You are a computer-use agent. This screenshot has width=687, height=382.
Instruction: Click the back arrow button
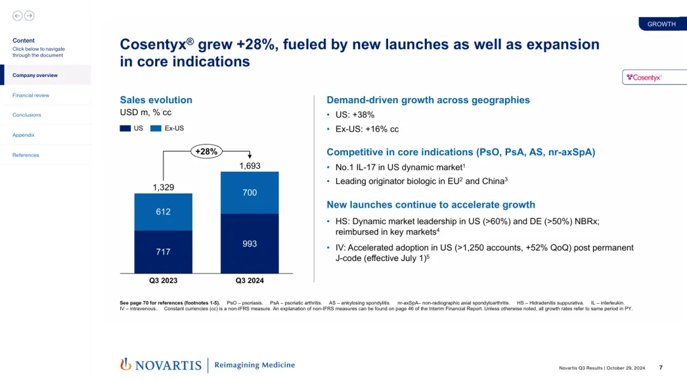coord(17,16)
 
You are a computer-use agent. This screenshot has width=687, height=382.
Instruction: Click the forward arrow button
coord(29,16)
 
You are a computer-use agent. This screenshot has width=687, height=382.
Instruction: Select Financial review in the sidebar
coord(31,95)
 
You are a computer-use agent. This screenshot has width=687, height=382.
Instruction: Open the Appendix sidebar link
coord(24,135)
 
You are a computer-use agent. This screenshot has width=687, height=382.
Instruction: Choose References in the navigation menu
coord(25,155)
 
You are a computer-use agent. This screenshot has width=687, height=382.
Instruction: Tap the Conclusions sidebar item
coord(27,115)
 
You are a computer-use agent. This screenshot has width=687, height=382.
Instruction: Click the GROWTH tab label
coord(662,24)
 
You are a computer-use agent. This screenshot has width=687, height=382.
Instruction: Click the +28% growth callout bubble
coord(206,152)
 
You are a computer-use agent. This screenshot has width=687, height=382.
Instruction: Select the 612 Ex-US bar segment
coord(163,211)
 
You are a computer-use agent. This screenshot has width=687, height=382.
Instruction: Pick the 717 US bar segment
coord(163,252)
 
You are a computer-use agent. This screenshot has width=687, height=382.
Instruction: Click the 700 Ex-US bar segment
coord(249,192)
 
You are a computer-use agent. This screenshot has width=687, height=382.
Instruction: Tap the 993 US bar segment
coord(249,244)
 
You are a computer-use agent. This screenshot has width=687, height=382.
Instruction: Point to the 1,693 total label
coord(249,166)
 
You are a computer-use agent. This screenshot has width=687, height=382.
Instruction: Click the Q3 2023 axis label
coord(163,281)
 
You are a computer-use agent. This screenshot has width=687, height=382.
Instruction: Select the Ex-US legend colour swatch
coord(156,129)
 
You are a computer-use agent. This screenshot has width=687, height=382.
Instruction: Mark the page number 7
coord(661,367)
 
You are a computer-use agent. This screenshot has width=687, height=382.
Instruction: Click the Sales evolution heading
coord(156,100)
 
